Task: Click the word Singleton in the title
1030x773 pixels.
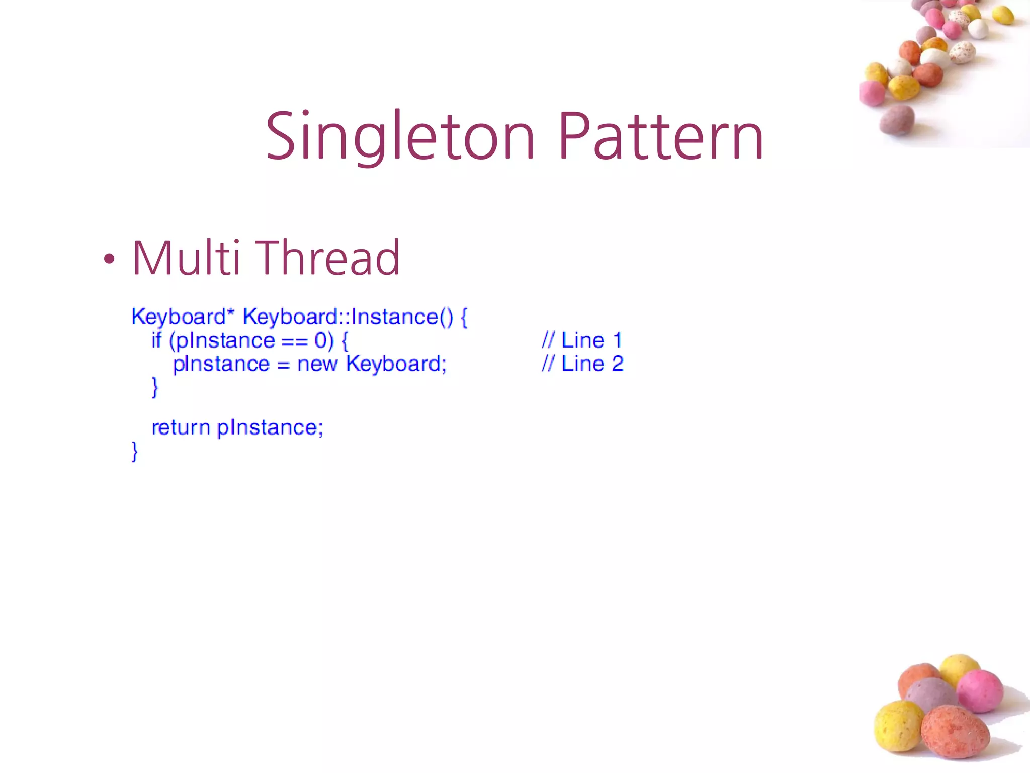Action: [400, 137]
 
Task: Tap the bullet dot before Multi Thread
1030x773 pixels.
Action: [109, 260]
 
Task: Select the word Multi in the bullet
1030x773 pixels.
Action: [186, 258]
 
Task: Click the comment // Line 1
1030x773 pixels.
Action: [582, 340]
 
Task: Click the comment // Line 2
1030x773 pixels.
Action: [582, 364]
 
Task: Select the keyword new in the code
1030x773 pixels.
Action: [317, 364]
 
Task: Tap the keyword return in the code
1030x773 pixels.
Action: [181, 427]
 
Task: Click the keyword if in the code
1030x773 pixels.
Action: [156, 340]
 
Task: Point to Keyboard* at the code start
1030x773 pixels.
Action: [183, 317]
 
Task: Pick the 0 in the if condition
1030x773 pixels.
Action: [321, 341]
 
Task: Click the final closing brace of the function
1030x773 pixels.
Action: [134, 451]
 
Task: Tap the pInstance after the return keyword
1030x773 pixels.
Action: [270, 428]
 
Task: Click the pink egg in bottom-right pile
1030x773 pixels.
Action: [979, 691]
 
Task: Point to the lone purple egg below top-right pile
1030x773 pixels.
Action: [897, 120]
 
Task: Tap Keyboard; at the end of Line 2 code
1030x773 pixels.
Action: [396, 364]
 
